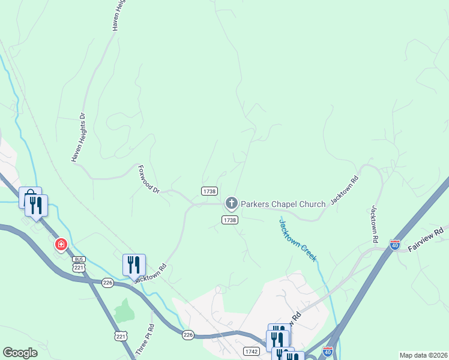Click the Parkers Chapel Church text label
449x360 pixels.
[x=283, y=204]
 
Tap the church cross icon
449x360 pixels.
[x=231, y=204]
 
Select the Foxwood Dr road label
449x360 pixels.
[x=148, y=179]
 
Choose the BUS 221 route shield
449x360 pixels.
[x=79, y=263]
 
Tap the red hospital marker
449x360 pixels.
[x=61, y=244]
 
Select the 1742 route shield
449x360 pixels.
[x=252, y=351]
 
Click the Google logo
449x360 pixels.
[x=20, y=353]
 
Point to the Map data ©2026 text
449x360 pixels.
[x=423, y=355]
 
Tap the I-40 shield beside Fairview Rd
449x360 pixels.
[x=394, y=245]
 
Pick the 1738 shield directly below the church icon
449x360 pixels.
[x=231, y=220]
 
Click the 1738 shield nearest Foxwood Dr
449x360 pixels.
[x=209, y=191]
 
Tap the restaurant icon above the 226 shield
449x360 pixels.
[x=133, y=265]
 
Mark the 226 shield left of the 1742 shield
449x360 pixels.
[x=188, y=335]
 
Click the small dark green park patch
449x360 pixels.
[x=124, y=310]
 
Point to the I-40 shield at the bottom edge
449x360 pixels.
[x=328, y=350]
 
